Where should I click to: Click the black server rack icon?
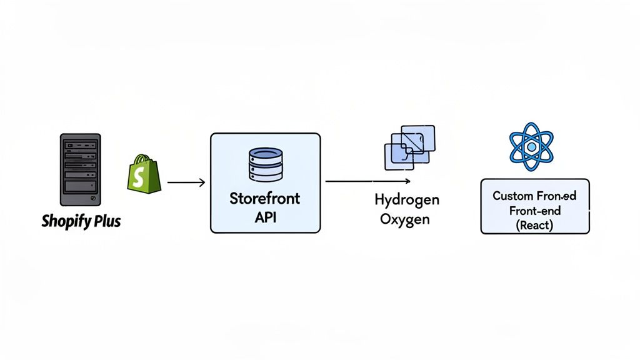[x=80, y=170]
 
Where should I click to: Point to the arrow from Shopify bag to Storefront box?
[x=186, y=182]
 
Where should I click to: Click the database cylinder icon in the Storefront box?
[x=265, y=164]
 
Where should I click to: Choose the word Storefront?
[x=265, y=199]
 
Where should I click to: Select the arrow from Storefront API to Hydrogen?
[x=367, y=181]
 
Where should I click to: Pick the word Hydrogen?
[x=407, y=200]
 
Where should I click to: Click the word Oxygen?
[x=407, y=220]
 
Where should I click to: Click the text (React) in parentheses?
[x=534, y=225]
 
